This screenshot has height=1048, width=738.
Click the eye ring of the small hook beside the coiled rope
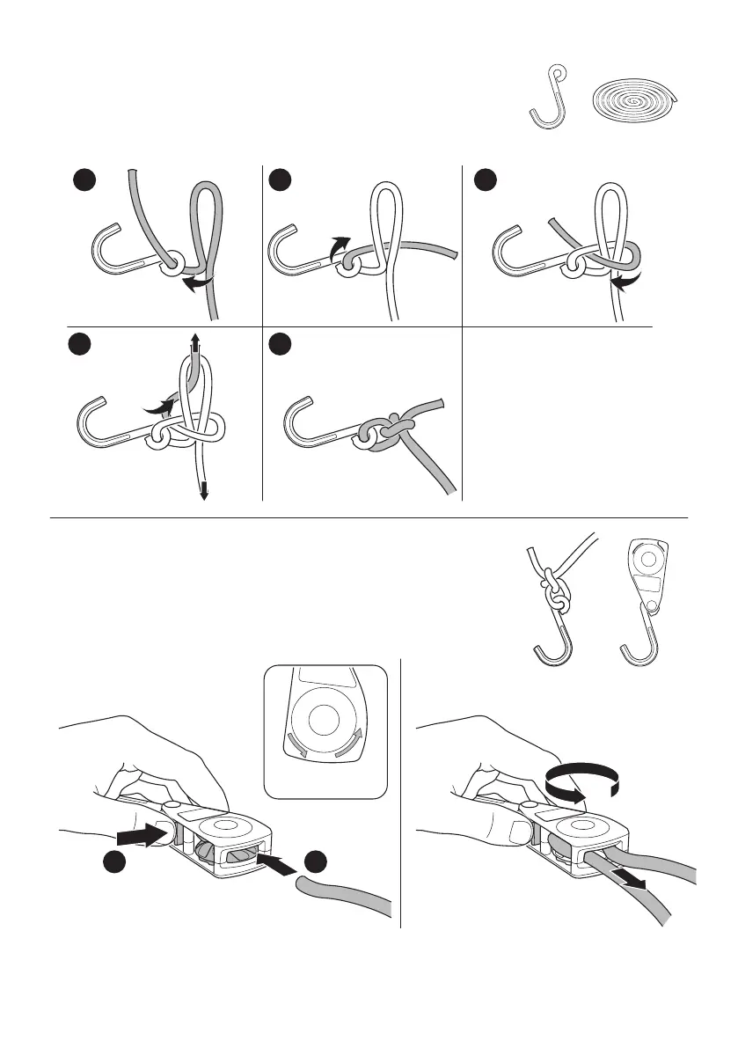click(x=556, y=75)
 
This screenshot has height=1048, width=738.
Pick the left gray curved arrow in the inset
click(x=293, y=746)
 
